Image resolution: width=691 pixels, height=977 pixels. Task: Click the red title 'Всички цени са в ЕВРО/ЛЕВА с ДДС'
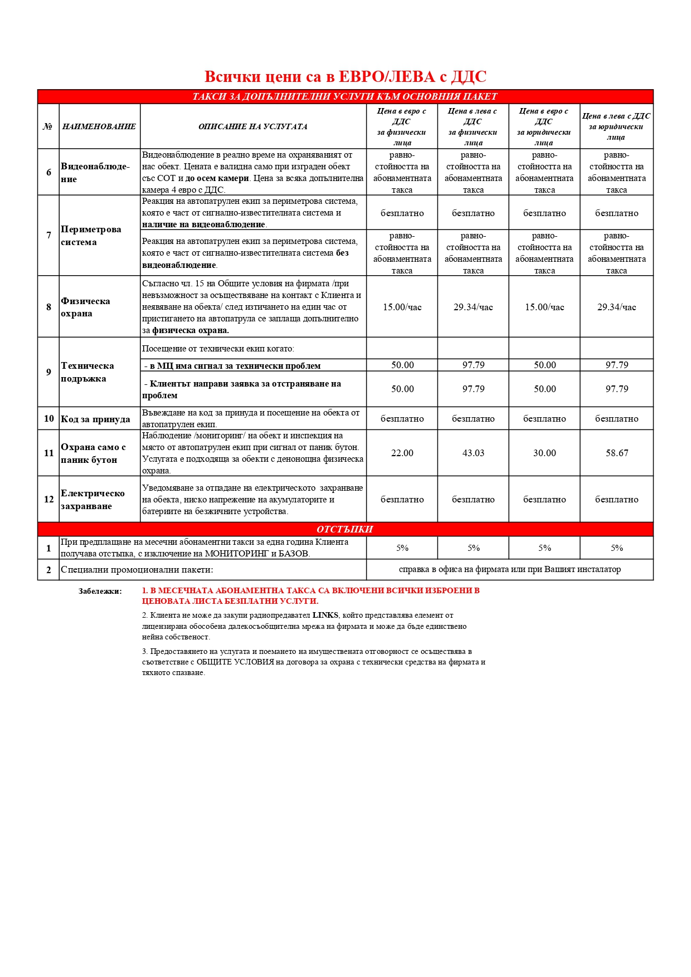tap(345, 77)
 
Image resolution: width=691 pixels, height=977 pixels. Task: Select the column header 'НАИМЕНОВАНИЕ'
tap(99, 126)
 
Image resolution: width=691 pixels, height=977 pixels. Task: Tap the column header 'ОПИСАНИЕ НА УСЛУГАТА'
tap(253, 126)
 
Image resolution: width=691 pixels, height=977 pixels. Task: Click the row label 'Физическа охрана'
tap(85, 307)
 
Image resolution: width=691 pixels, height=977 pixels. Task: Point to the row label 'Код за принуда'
tap(95, 419)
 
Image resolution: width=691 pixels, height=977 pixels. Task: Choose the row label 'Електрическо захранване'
tap(93, 500)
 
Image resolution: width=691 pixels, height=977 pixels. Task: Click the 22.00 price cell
tap(402, 453)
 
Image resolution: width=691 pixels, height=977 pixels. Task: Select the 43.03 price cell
tap(473, 453)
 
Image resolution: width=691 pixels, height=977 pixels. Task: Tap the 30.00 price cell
tap(544, 453)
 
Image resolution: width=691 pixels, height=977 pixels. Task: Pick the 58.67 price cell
tap(617, 453)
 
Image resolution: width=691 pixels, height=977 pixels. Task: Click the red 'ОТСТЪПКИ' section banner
tap(345, 529)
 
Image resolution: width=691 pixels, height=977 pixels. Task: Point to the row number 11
tap(48, 453)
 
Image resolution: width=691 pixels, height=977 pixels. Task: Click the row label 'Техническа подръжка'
tap(87, 372)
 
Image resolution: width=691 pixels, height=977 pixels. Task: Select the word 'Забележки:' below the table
tap(100, 592)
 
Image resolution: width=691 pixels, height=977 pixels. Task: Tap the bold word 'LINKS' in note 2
tap(325, 615)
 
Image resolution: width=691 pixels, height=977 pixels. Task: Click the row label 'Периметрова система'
tap(91, 236)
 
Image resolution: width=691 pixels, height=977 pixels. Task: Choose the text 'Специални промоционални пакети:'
tap(137, 570)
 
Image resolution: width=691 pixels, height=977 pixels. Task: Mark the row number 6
tap(48, 172)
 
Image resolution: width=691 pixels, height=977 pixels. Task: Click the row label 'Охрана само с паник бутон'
tap(93, 453)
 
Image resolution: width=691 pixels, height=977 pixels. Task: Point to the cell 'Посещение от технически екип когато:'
tap(218, 349)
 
